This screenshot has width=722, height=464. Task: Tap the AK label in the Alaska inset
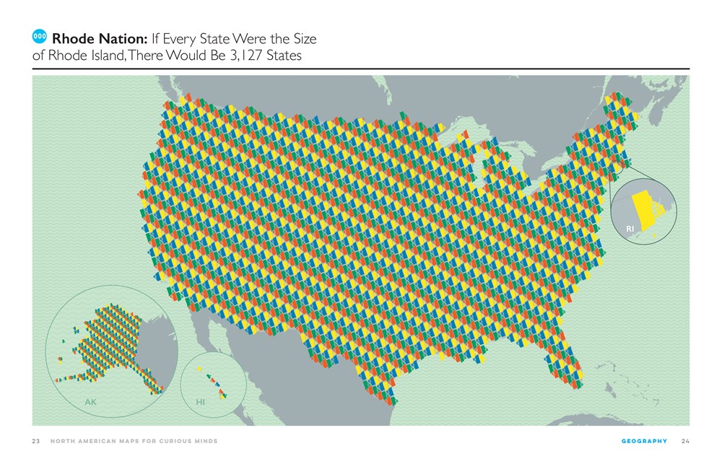[x=90, y=402]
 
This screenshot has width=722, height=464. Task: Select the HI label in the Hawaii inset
[x=201, y=401]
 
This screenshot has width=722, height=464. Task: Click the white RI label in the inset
[x=630, y=229]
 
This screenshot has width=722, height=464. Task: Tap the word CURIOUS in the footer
[x=170, y=441]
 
